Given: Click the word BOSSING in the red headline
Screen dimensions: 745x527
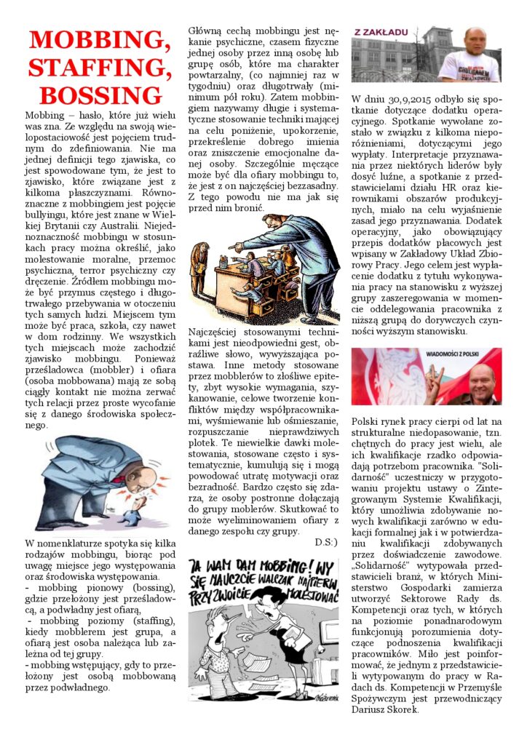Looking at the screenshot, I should click(100, 95).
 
